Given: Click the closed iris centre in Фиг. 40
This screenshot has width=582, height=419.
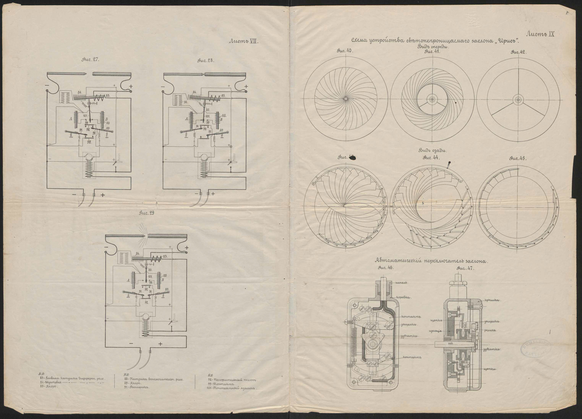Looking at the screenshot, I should coord(346,99).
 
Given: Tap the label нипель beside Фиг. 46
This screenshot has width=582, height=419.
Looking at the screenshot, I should coord(402,283).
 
